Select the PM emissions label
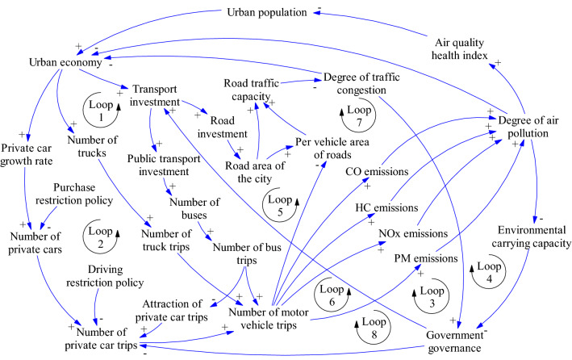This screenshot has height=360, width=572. [438, 258]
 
